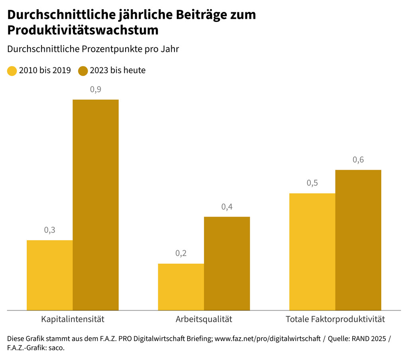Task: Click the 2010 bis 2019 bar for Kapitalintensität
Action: [x=49, y=275]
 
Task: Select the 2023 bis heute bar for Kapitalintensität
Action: [x=96, y=205]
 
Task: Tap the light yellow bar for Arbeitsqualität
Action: [x=181, y=287]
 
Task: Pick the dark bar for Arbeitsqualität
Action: [x=227, y=263]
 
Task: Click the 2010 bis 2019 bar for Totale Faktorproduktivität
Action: [x=312, y=252]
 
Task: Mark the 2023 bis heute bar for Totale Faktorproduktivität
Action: [x=358, y=240]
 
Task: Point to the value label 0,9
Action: [x=96, y=90]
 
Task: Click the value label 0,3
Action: [x=49, y=230]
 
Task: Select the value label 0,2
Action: [x=181, y=254]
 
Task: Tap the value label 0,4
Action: [x=227, y=207]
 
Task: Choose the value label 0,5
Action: [x=312, y=183]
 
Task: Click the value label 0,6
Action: [x=358, y=160]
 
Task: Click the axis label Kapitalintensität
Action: [x=73, y=319]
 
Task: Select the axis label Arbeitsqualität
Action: [x=204, y=319]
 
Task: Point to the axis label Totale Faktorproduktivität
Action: [x=335, y=319]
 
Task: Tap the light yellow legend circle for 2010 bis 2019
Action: [x=12, y=71]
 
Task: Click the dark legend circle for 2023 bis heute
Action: [x=83, y=71]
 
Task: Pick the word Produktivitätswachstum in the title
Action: [x=83, y=30]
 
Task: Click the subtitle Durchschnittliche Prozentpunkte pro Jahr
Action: [x=93, y=49]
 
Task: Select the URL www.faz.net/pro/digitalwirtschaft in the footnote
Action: [x=267, y=338]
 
